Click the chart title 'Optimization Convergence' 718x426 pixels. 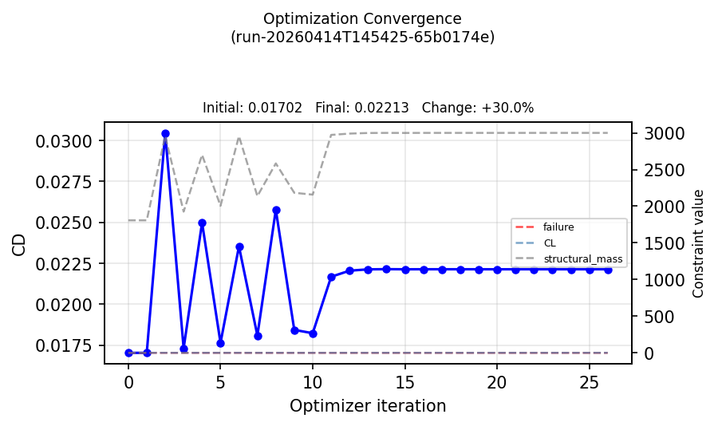[x=362, y=18]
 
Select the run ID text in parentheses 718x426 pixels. [x=362, y=37]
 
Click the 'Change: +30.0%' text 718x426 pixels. [x=477, y=108]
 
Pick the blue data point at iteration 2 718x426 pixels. [x=165, y=134]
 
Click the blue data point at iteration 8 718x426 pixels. [x=276, y=211]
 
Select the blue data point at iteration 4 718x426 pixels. [x=202, y=223]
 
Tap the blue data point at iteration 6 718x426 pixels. [x=239, y=247]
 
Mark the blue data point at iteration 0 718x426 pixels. [x=128, y=353]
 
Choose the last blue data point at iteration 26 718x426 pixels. [x=608, y=270]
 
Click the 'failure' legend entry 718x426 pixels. [x=558, y=227]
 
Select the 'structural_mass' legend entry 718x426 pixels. [x=582, y=259]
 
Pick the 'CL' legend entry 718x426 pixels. [x=550, y=243]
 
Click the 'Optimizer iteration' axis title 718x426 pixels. [x=368, y=406]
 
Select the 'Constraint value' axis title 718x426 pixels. [x=699, y=243]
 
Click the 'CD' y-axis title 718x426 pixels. [x=20, y=244]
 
